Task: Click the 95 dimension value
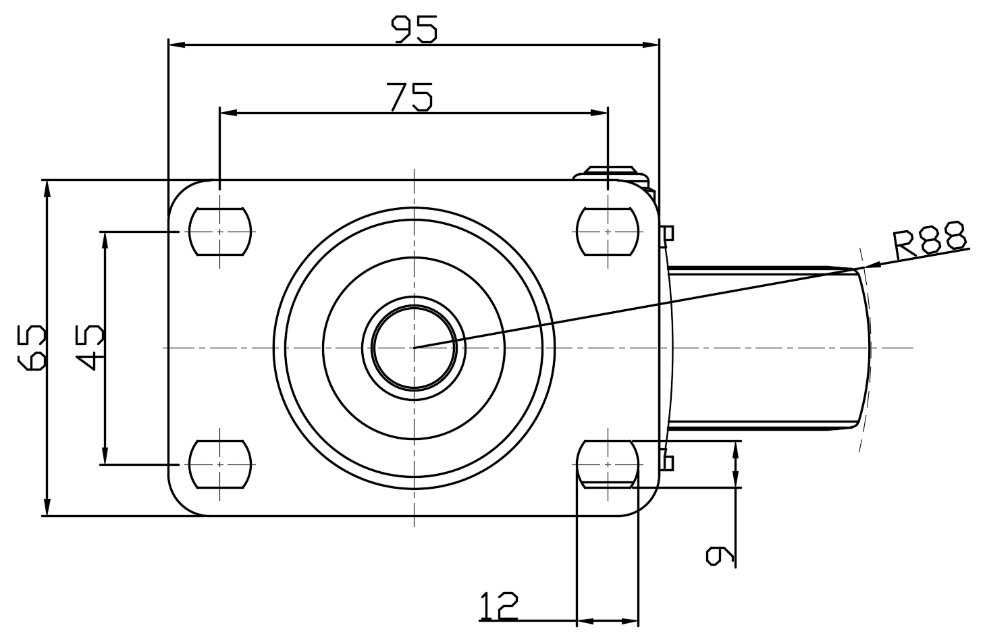point(415,29)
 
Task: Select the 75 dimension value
point(410,97)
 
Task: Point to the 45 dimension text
point(90,347)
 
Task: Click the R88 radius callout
point(930,241)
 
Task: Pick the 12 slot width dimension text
point(498,606)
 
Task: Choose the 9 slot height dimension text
point(720,554)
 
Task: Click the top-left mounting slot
point(220,232)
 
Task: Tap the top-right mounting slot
point(608,232)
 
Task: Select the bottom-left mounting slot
point(220,464)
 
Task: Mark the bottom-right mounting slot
point(608,464)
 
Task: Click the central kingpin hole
point(414,347)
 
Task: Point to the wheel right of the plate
point(766,347)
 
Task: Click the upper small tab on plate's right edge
point(667,233)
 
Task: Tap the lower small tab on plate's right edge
point(667,462)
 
